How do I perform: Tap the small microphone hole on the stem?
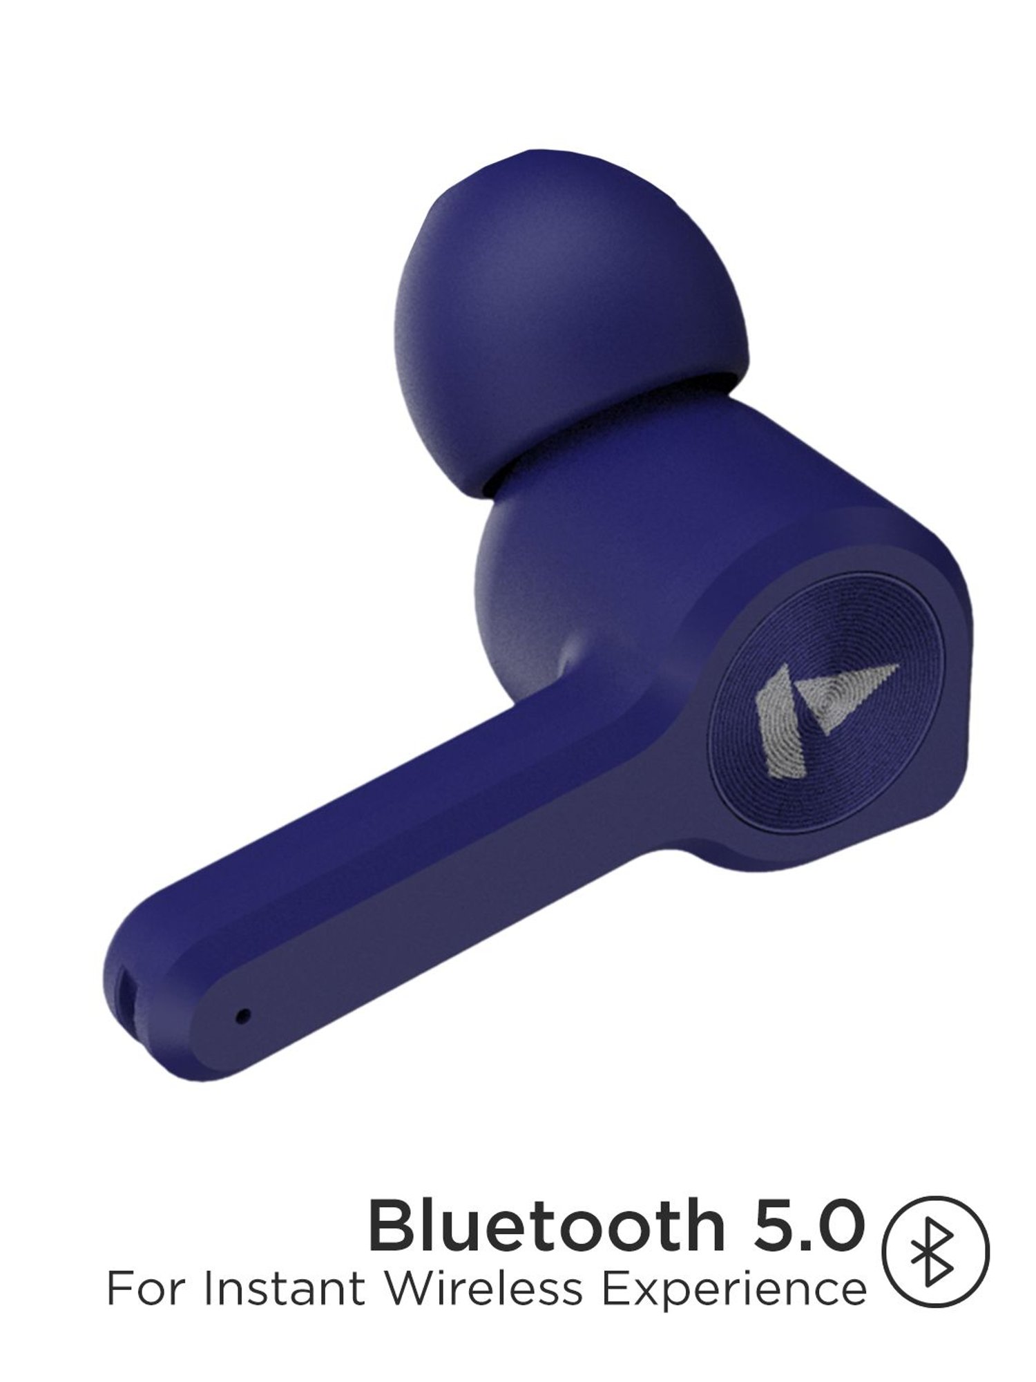pyautogui.click(x=242, y=1016)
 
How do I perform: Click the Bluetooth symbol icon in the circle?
pyautogui.click(x=936, y=1251)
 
